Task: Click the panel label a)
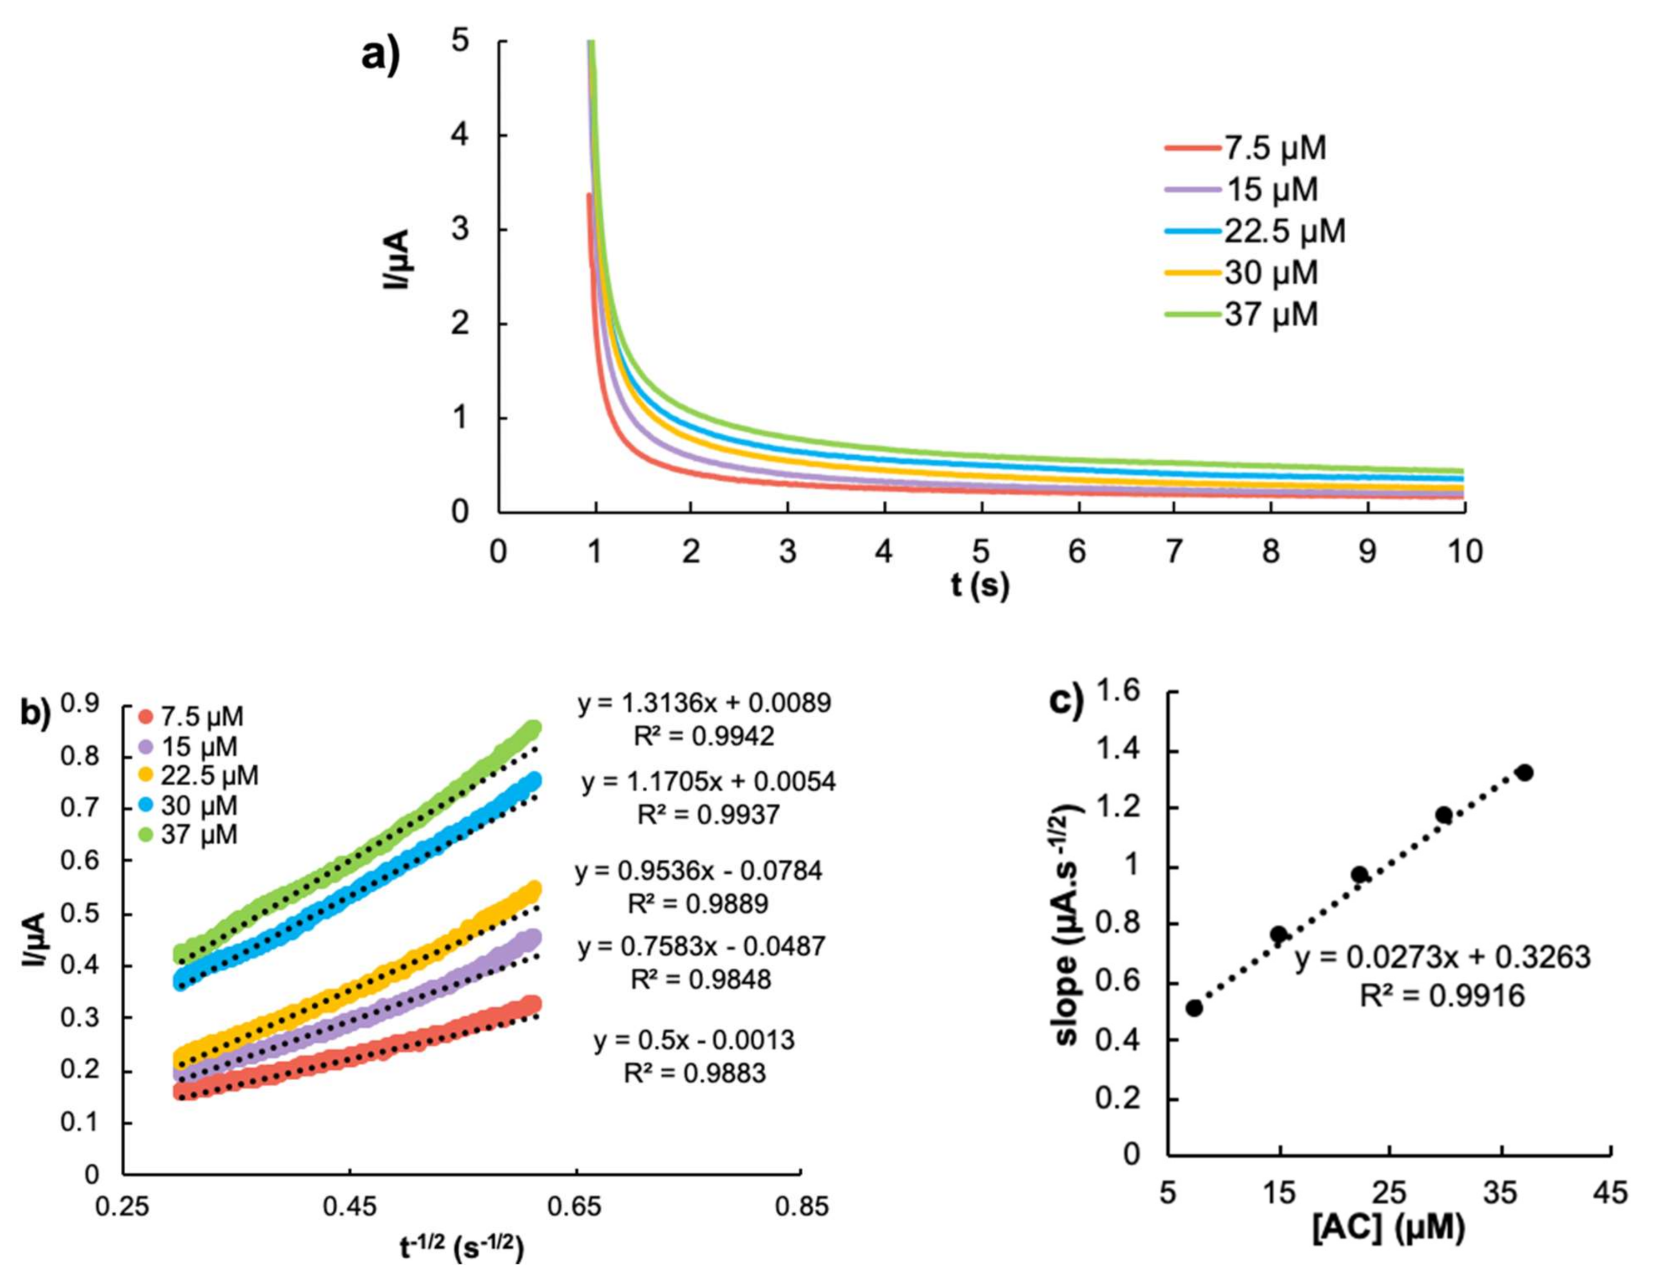click(380, 57)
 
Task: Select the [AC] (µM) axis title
click(1388, 1228)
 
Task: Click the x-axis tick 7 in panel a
click(1173, 552)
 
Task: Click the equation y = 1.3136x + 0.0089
click(705, 703)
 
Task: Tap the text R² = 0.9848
click(701, 979)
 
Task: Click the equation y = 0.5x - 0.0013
click(694, 1041)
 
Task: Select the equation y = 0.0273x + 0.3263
click(1443, 958)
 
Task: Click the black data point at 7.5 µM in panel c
click(1194, 1008)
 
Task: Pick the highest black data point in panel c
click(1524, 772)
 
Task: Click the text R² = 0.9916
click(1443, 996)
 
